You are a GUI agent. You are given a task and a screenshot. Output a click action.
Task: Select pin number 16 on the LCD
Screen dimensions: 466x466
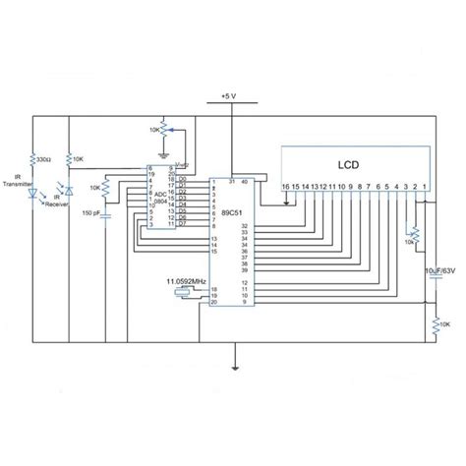285,185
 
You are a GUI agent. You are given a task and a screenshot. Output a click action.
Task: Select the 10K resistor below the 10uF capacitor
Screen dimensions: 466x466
434,322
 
